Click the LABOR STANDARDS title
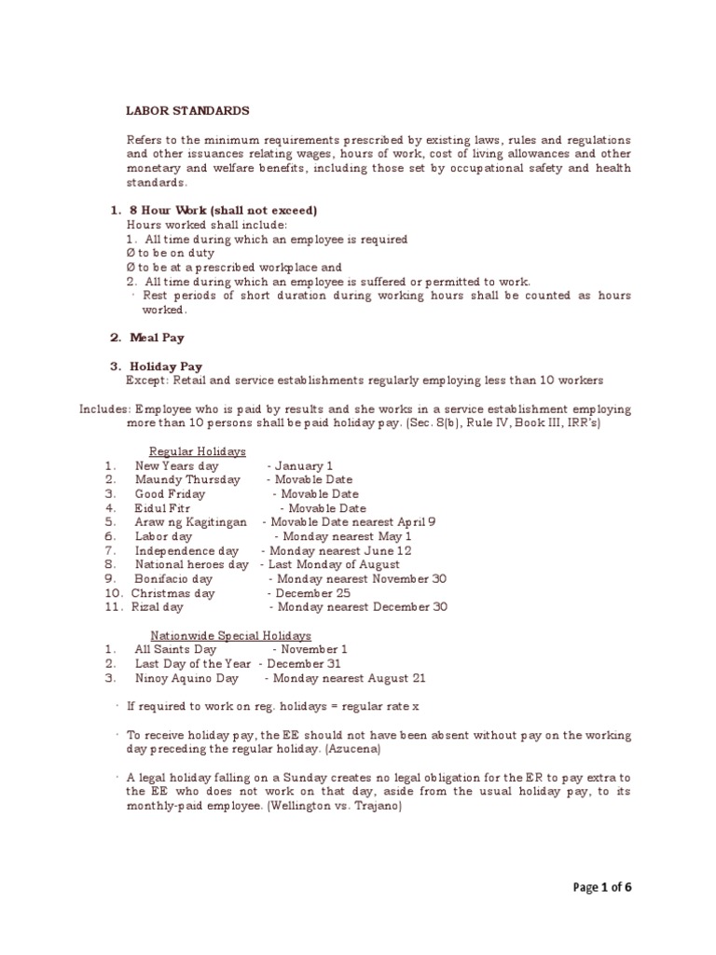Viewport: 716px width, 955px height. (x=187, y=110)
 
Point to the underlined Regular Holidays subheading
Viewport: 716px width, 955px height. (x=198, y=450)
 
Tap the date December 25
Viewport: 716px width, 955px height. (x=311, y=592)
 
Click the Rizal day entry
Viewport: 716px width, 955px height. (x=157, y=606)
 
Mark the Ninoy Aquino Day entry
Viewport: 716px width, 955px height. (x=186, y=677)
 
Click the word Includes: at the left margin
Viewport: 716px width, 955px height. (x=104, y=408)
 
